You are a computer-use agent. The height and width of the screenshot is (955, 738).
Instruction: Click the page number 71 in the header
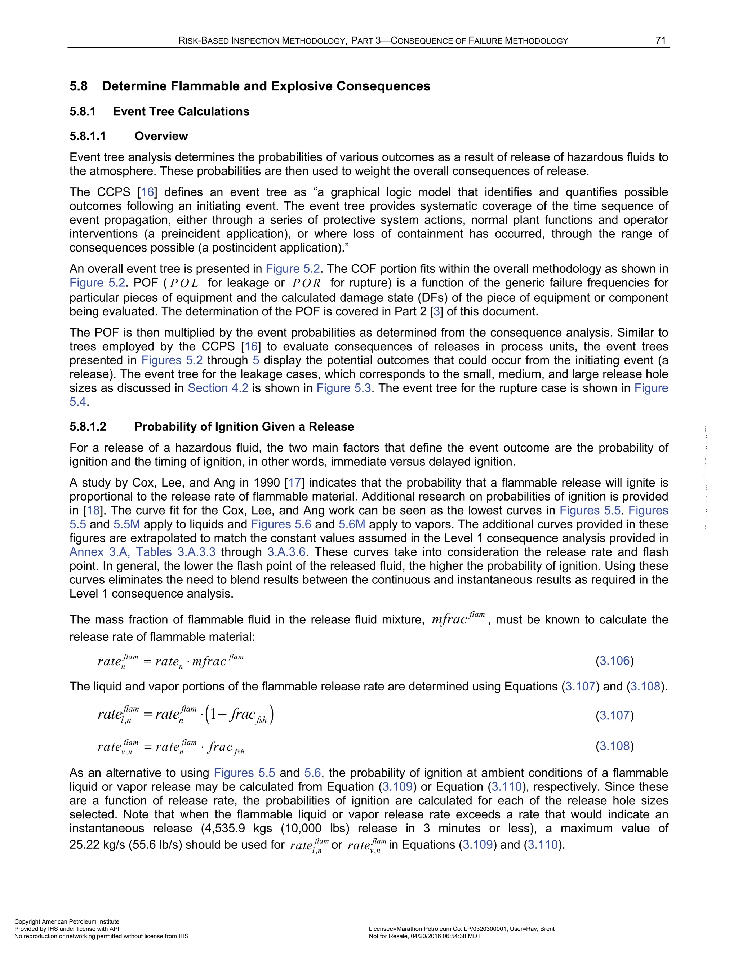(x=661, y=41)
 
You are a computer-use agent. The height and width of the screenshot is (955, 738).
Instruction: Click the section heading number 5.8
(x=79, y=86)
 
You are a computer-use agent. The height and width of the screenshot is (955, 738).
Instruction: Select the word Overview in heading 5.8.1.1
(x=161, y=137)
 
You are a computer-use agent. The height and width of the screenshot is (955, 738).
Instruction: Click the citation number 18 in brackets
(x=93, y=510)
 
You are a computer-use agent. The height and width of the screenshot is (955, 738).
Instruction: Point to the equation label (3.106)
(x=614, y=661)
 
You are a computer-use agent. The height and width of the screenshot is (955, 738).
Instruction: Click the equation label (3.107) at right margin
(x=614, y=715)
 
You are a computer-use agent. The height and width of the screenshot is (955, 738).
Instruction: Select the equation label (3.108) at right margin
(x=614, y=746)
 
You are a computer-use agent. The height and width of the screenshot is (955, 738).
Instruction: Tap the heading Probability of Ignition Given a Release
(x=244, y=427)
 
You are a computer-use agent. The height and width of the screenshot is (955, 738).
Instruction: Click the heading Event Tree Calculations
(x=181, y=111)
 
